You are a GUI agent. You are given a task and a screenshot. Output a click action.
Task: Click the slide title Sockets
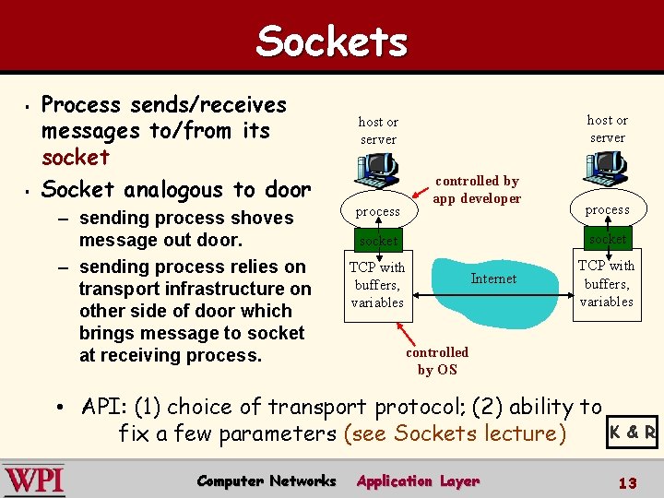[x=331, y=41]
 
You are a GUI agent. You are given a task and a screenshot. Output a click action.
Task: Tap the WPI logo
[x=34, y=481]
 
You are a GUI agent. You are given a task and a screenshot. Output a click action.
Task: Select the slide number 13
[x=628, y=482]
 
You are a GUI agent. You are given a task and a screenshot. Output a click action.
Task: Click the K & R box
[x=633, y=432]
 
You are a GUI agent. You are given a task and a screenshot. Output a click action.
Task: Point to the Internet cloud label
[x=493, y=279]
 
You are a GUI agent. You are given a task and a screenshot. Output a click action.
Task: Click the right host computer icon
[x=605, y=168]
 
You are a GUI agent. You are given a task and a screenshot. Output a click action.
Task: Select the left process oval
[x=378, y=211]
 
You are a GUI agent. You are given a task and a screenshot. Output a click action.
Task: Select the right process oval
[x=607, y=209]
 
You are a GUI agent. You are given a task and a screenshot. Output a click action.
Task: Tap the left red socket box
[x=378, y=241]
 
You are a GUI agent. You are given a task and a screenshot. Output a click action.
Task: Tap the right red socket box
[x=607, y=239]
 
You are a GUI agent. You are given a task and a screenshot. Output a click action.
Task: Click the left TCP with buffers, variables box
[x=377, y=285]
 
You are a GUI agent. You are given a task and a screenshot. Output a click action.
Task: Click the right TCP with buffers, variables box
[x=606, y=283]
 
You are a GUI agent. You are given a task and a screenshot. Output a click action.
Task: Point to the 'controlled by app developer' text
[x=477, y=190]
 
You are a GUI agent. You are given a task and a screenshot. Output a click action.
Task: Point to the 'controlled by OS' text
[x=437, y=361]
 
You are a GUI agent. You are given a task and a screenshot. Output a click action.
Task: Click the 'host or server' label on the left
[x=378, y=130]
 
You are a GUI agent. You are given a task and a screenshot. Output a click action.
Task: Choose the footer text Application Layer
[x=418, y=480]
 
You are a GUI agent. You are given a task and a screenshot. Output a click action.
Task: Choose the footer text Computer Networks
[x=267, y=480]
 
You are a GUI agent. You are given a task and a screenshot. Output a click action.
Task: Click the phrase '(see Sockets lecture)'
[x=454, y=433]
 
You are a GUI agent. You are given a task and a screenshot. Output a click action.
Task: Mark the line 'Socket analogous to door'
[x=176, y=190]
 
